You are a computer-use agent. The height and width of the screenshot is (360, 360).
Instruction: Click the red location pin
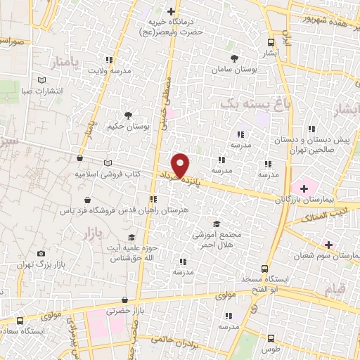click(181, 165)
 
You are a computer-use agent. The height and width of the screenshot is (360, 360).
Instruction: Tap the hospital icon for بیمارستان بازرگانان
click(303, 188)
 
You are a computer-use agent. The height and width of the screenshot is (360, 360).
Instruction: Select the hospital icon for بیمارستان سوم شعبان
click(328, 244)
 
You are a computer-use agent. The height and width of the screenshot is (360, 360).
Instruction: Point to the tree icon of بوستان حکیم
click(127, 115)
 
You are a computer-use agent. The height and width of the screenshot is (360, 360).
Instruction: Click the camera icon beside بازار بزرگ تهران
click(41, 253)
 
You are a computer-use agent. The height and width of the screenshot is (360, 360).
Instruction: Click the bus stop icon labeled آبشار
click(271, 40)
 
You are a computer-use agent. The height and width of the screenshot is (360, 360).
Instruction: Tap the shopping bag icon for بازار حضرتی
click(124, 300)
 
